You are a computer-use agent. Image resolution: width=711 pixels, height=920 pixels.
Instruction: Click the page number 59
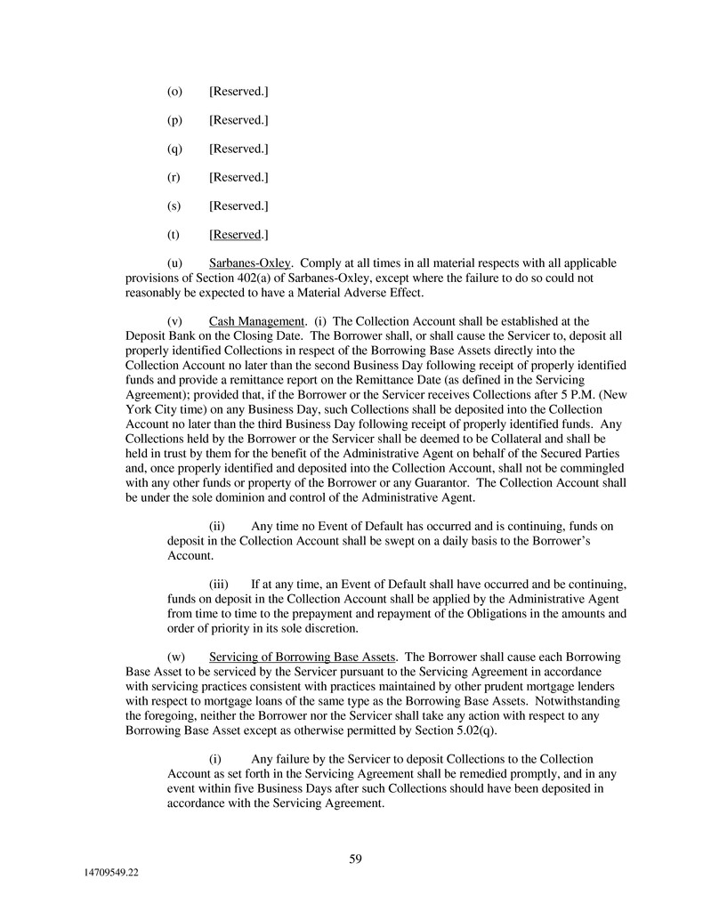coord(355,859)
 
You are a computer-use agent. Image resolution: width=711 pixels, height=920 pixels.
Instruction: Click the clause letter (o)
coord(174,92)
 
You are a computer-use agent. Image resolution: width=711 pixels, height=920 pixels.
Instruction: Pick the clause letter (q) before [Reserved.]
coord(174,149)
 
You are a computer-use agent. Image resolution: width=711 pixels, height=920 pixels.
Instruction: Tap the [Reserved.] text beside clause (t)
coord(238,235)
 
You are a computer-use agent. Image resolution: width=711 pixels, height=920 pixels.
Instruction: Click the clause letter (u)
coord(174,264)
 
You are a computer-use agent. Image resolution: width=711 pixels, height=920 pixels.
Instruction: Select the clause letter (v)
coord(174,321)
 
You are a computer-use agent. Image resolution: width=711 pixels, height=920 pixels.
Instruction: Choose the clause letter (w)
coord(175,658)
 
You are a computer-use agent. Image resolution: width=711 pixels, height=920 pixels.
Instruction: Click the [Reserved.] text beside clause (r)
coord(238,177)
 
